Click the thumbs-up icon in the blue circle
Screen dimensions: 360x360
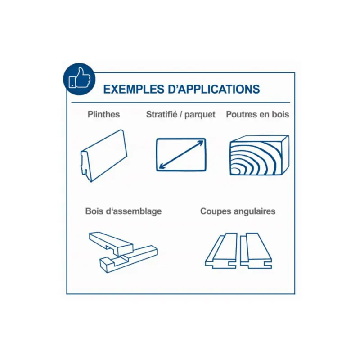[x=80, y=78]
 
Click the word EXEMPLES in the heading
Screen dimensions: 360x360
[x=134, y=89]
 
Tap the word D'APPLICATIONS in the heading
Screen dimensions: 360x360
[x=214, y=89]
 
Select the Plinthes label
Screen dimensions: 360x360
[x=104, y=114]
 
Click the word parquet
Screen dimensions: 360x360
[x=200, y=115]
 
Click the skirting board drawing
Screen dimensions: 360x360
[x=104, y=156]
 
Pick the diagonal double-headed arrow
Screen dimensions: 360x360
[x=181, y=155]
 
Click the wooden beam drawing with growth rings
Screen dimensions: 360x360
[x=260, y=155]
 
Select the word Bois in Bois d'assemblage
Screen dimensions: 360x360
[x=94, y=211]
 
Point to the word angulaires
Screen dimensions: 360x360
[x=254, y=211]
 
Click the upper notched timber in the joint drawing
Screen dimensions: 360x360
[x=111, y=243]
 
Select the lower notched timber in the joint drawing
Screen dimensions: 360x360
[x=129, y=259]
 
